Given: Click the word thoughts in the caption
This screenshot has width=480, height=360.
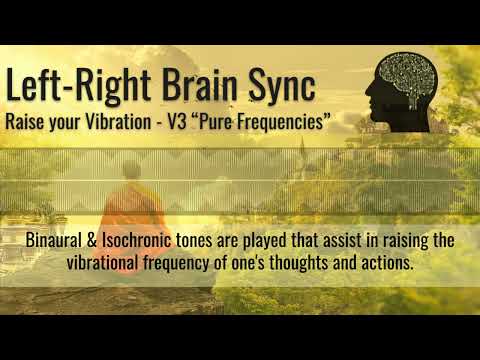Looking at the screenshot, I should tap(312, 262).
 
